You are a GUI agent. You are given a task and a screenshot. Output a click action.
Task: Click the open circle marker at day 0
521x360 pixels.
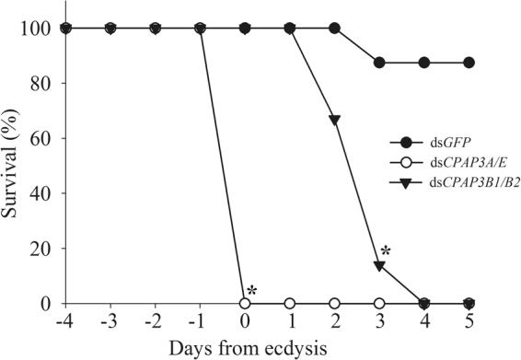coord(245,303)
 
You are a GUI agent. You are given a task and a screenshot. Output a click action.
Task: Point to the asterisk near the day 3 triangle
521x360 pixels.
coord(387,251)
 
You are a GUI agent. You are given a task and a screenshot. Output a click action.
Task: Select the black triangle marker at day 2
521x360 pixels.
coord(334,121)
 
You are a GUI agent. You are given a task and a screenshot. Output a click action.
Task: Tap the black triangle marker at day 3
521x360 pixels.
coord(379,265)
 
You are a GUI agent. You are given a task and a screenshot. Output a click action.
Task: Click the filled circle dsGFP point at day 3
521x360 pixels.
coord(379,63)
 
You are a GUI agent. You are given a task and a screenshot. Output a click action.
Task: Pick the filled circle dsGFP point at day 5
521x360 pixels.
coord(469,63)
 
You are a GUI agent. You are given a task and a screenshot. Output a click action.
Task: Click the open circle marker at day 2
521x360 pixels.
coord(334,303)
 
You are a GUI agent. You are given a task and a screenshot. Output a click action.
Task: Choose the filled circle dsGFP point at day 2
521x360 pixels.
coord(334,28)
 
